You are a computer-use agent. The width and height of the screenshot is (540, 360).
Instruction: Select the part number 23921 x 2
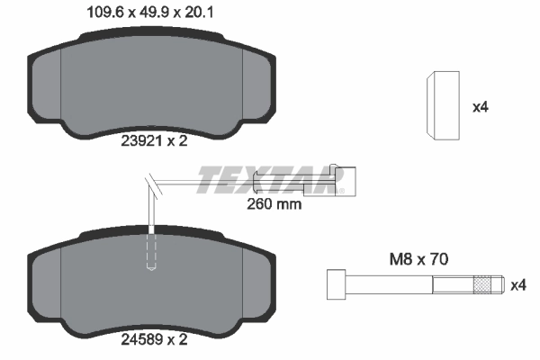click(154, 139)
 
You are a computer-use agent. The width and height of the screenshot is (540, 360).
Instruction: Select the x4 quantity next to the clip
click(481, 107)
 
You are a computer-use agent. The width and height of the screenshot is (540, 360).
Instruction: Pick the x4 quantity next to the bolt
click(517, 285)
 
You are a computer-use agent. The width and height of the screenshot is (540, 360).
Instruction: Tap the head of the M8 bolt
click(334, 285)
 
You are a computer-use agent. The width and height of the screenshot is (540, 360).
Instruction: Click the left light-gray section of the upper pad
click(47, 86)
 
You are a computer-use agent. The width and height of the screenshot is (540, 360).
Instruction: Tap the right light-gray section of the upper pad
click(258, 86)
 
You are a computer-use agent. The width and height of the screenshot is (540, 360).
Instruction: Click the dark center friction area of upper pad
click(153, 81)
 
